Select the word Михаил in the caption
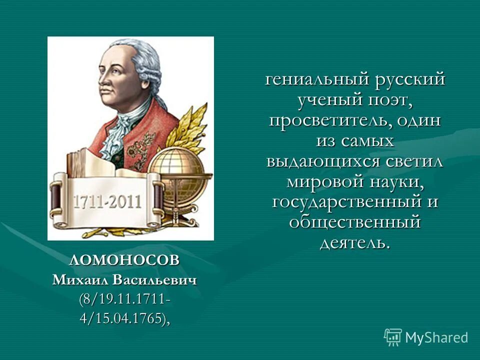(78, 280)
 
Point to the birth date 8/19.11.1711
(125, 299)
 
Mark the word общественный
(355, 222)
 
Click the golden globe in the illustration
(177, 172)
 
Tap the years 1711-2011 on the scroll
(108, 202)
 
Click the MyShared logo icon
(393, 337)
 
